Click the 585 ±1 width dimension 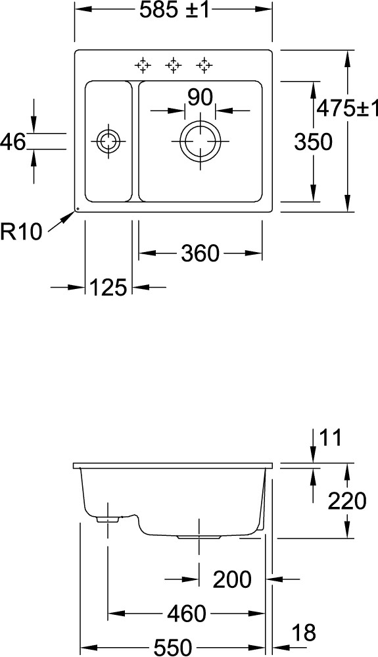coord(174,11)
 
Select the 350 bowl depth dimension coord(313,142)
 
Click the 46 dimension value coord(13,142)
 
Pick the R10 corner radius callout coord(21,232)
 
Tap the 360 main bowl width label coord(200,253)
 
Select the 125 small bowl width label coord(108,288)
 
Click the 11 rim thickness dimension coord(331,438)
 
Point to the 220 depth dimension coord(346,501)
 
